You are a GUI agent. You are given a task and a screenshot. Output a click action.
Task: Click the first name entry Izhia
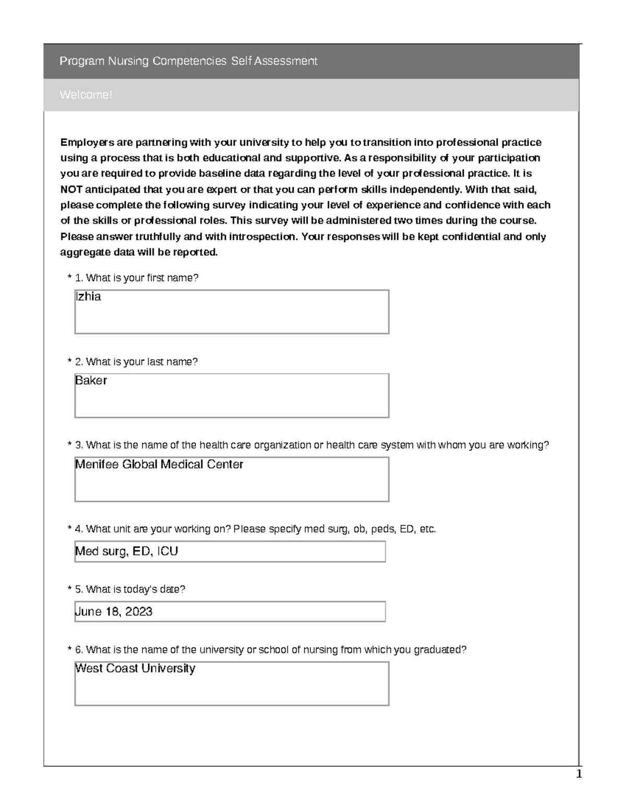coord(88,297)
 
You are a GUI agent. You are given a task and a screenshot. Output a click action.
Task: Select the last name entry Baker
coord(91,381)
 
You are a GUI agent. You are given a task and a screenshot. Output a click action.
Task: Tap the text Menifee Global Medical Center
coord(159,464)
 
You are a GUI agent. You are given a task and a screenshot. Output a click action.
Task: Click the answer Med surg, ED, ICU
coord(127,551)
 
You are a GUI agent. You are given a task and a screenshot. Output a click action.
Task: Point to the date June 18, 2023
coord(114,611)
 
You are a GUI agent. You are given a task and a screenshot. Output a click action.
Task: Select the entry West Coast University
coord(135,668)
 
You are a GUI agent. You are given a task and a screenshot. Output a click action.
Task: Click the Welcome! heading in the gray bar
coord(86,95)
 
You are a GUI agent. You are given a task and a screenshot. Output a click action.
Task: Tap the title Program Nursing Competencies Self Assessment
coord(188,61)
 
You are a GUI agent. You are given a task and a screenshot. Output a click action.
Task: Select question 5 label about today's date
coord(130,589)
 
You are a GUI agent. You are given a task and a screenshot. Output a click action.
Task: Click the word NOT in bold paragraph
coord(71,189)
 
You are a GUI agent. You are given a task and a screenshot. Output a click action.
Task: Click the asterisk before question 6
coord(69,650)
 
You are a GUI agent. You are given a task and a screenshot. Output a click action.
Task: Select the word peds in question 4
coord(382,529)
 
